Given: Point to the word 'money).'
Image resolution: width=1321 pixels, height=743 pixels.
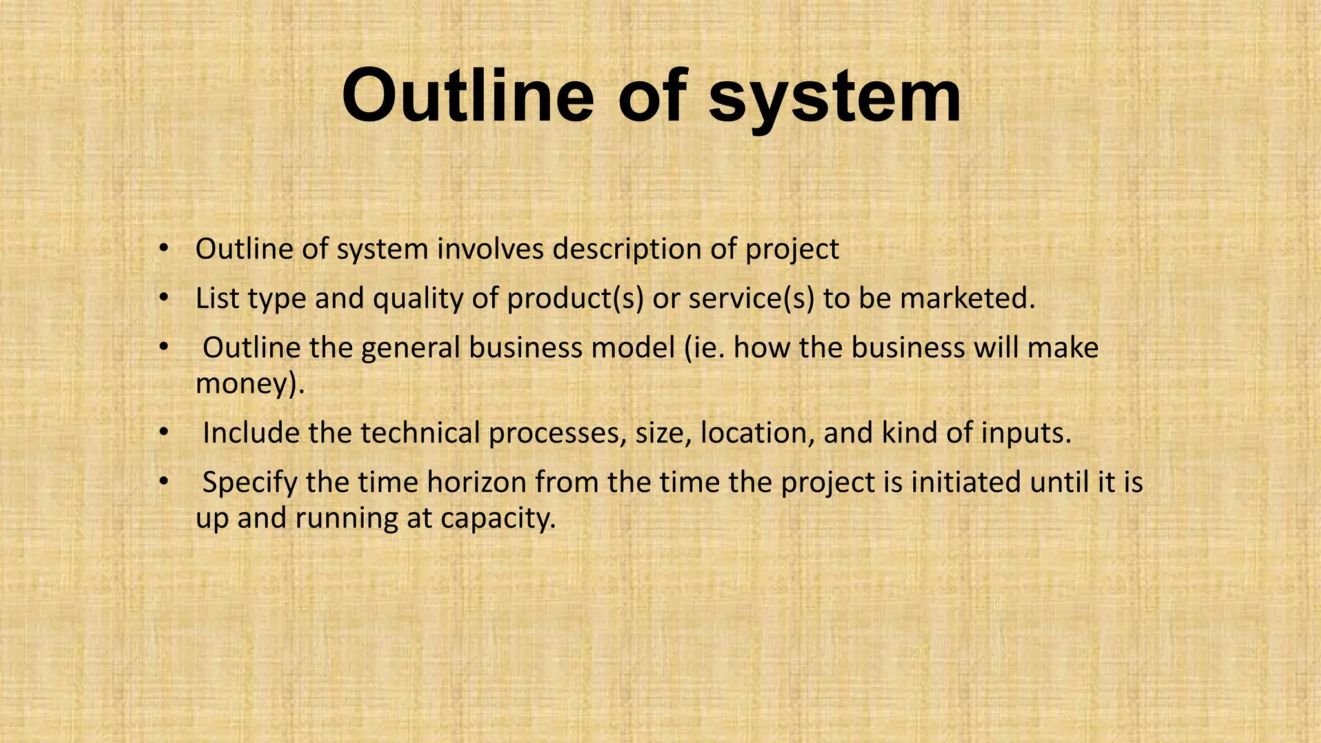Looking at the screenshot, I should [250, 385].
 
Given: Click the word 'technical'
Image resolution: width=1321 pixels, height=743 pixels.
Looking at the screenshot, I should [420, 433].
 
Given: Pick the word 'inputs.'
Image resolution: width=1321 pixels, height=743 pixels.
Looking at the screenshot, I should [1026, 433].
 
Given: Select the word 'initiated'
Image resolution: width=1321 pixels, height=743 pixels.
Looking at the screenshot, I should [966, 482].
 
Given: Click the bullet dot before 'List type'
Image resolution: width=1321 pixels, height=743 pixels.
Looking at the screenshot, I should [164, 298].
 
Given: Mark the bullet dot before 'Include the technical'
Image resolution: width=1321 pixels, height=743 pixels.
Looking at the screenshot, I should [164, 432].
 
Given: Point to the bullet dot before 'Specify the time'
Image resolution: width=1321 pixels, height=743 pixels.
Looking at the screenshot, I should [164, 482].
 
